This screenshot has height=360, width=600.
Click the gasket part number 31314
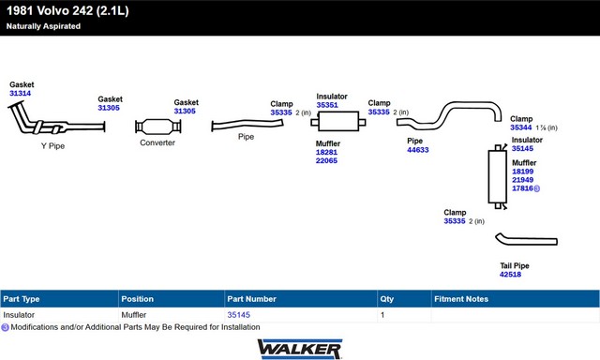(21, 94)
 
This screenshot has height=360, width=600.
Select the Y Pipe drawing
(38, 126)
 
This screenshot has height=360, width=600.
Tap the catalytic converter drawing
(158, 127)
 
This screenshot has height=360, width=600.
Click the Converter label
(157, 142)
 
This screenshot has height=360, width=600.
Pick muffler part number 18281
(326, 152)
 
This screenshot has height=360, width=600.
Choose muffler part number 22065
(326, 160)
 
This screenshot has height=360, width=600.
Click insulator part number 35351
(327, 105)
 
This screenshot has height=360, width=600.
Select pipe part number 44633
(418, 150)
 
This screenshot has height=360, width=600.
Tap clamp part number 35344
(521, 127)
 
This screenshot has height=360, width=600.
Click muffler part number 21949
(523, 180)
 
